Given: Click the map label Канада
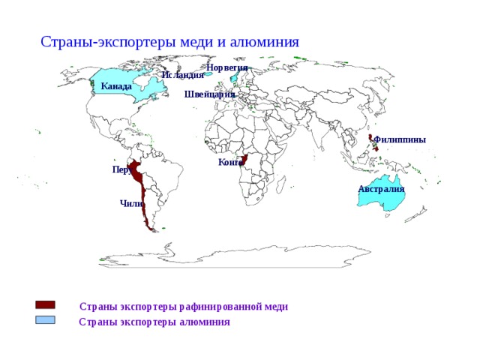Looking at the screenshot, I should pyautogui.click(x=116, y=87).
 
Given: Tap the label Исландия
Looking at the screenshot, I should pyautogui.click(x=182, y=75).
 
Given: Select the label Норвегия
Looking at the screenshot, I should pyautogui.click(x=226, y=67).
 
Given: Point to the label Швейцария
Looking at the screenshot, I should pyautogui.click(x=209, y=94).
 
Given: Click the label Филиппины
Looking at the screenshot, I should pyautogui.click(x=400, y=139).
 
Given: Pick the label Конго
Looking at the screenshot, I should pyautogui.click(x=230, y=162).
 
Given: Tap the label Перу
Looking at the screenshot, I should pyautogui.click(x=121, y=170).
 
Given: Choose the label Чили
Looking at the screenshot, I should pyautogui.click(x=130, y=203).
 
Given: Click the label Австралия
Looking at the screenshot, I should pyautogui.click(x=381, y=189).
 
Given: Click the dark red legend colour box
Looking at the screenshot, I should pyautogui.click(x=45, y=305).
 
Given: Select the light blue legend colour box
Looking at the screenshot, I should pyautogui.click(x=45, y=320).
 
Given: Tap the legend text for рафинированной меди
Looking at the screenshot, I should pyautogui.click(x=184, y=307).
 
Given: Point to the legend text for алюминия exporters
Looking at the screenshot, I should pyautogui.click(x=154, y=322).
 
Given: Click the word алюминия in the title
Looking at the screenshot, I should pyautogui.click(x=266, y=42).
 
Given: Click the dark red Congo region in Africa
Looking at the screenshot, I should pyautogui.click(x=244, y=160).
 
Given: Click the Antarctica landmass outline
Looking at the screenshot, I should pyautogui.click(x=225, y=255).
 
